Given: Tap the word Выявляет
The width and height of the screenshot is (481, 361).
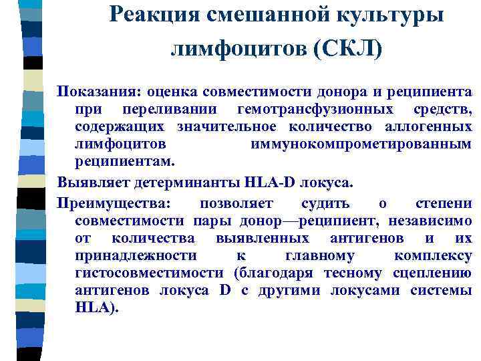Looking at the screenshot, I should tap(90, 183).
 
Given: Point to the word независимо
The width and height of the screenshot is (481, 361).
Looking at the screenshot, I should tap(436, 221).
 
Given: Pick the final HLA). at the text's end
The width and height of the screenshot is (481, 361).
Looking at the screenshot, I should tap(97, 308).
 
